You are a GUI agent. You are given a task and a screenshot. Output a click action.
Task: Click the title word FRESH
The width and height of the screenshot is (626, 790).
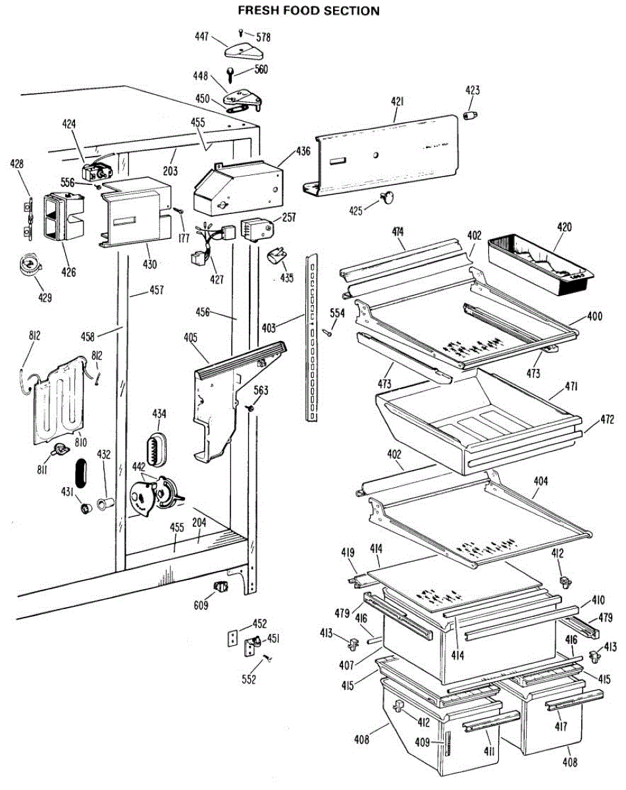(260, 11)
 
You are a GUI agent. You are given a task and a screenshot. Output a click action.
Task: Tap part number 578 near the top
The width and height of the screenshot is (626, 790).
(264, 37)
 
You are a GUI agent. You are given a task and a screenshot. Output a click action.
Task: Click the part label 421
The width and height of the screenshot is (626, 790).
(397, 101)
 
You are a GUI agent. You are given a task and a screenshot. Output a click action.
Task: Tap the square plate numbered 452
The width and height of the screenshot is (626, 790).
(231, 638)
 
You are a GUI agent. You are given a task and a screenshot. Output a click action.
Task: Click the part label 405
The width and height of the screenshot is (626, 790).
(191, 339)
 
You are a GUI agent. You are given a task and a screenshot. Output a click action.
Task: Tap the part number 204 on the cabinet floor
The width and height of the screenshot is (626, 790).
(199, 522)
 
